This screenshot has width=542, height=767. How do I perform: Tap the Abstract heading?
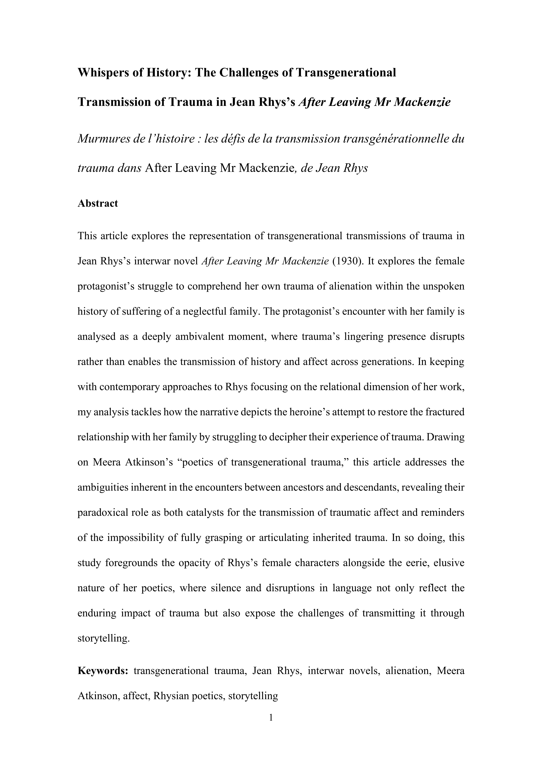tap(97, 203)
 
